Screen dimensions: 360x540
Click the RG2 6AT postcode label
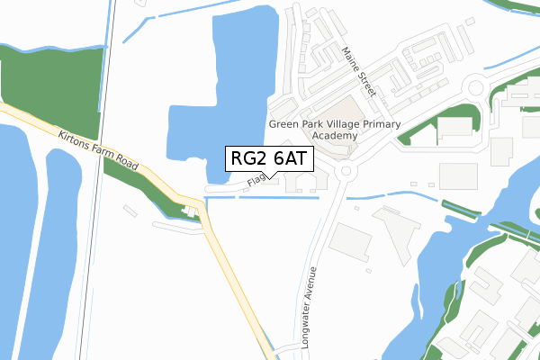[x=270, y=158]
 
